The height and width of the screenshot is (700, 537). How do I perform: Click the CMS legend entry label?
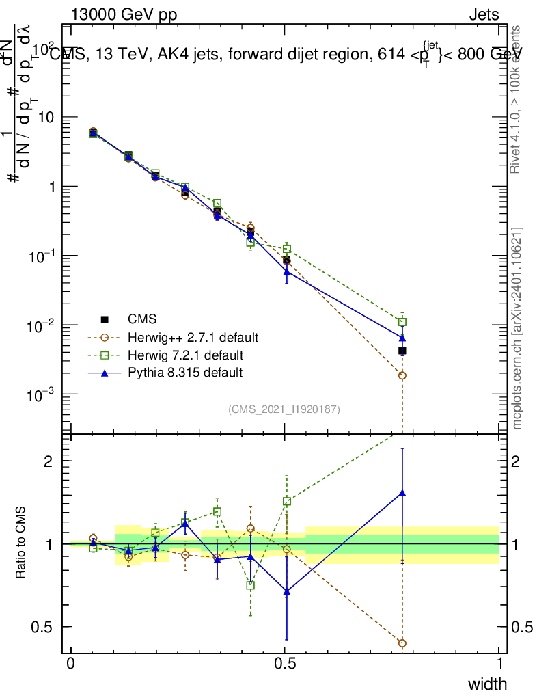click(142, 319)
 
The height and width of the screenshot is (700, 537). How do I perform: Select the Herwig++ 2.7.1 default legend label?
click(193, 338)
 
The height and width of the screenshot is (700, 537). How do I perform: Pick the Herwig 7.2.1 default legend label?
click(186, 355)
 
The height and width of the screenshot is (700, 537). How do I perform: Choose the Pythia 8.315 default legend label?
click(185, 373)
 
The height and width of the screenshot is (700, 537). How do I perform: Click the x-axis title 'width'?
click(487, 684)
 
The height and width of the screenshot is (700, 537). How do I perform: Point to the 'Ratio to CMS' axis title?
click(21, 543)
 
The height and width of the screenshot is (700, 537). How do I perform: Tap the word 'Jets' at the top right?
click(484, 15)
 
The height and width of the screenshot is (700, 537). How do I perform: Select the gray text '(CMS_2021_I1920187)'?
click(284, 409)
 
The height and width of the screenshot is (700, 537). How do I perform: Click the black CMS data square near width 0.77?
click(402, 351)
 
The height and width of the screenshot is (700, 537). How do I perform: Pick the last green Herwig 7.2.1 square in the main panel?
click(402, 322)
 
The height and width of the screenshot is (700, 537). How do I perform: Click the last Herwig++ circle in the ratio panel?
click(402, 643)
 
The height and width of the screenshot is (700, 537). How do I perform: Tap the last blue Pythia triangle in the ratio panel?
click(402, 492)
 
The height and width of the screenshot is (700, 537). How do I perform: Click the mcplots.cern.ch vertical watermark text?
click(517, 328)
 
